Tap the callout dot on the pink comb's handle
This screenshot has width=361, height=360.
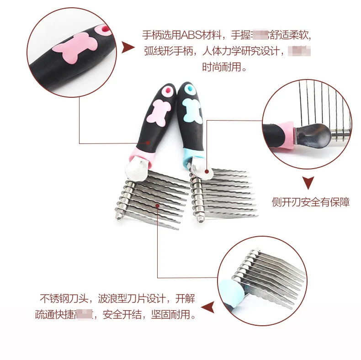pos(149,143)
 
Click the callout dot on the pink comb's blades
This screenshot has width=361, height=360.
pos(157,206)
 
